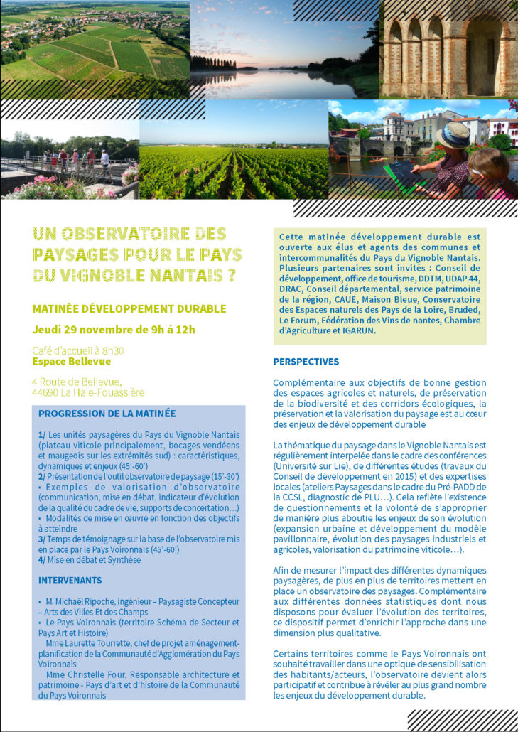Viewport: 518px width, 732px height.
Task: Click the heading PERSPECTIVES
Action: tap(306, 362)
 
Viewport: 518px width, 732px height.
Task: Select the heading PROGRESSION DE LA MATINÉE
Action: tap(107, 414)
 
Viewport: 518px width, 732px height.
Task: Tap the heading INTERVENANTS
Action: tap(70, 581)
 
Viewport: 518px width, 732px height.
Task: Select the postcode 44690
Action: tap(50, 392)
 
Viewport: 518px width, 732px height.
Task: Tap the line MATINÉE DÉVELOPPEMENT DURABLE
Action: tap(129, 308)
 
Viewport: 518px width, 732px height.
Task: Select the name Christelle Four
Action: tap(105, 674)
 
